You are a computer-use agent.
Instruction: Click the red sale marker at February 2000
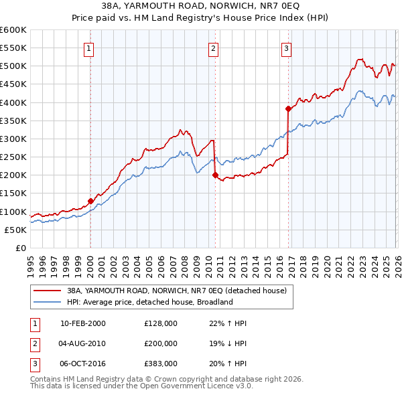pos(90,201)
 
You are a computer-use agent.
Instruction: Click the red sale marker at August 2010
pos(215,175)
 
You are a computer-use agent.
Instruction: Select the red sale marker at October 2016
pos(288,108)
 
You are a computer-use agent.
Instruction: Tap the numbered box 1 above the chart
pos(89,48)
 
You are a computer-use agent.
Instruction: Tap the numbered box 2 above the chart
pos(213,48)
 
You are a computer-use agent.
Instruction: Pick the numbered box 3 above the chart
pos(286,48)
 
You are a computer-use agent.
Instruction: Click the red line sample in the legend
pos(48,291)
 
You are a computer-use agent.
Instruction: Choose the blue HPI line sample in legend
pos(48,302)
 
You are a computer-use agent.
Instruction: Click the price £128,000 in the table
pos(161,323)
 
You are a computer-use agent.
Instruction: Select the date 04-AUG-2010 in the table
pos(82,343)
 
